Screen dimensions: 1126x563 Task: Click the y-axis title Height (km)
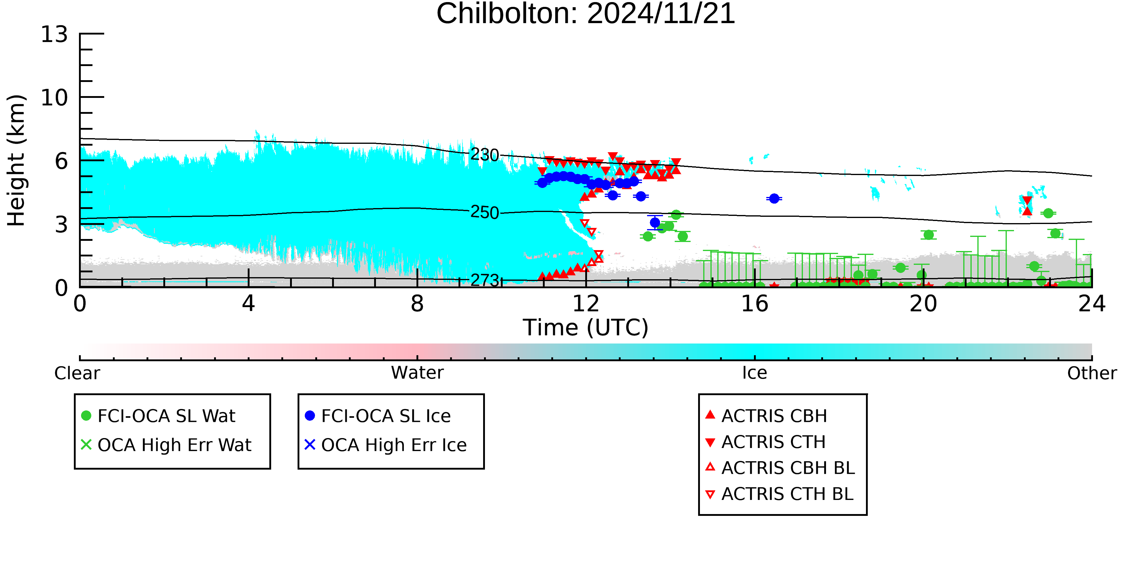pyautogui.click(x=17, y=160)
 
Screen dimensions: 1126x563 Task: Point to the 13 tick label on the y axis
pyautogui.click(x=55, y=34)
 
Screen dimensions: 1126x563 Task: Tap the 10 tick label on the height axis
pyautogui.click(x=55, y=98)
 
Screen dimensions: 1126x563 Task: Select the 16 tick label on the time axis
pyautogui.click(x=755, y=304)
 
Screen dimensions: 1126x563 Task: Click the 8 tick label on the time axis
pyautogui.click(x=417, y=304)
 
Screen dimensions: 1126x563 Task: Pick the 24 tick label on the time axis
pyautogui.click(x=1092, y=304)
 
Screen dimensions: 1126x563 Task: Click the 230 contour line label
pyautogui.click(x=484, y=155)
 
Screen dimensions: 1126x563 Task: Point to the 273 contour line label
pyautogui.click(x=484, y=280)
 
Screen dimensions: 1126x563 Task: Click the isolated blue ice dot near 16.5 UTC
pyautogui.click(x=774, y=198)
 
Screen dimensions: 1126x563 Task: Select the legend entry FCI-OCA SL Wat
pyautogui.click(x=158, y=416)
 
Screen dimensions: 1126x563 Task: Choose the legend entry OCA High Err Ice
pyautogui.click(x=386, y=445)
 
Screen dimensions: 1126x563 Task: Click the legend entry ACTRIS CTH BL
pyautogui.click(x=779, y=494)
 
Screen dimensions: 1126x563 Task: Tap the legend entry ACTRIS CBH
pyautogui.click(x=766, y=416)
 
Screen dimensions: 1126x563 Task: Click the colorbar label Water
pyautogui.click(x=417, y=373)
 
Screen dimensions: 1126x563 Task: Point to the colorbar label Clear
pyautogui.click(x=77, y=373)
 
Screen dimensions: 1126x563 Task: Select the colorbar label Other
pyautogui.click(x=1092, y=373)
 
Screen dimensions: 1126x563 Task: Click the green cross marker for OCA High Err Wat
pyautogui.click(x=86, y=445)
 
